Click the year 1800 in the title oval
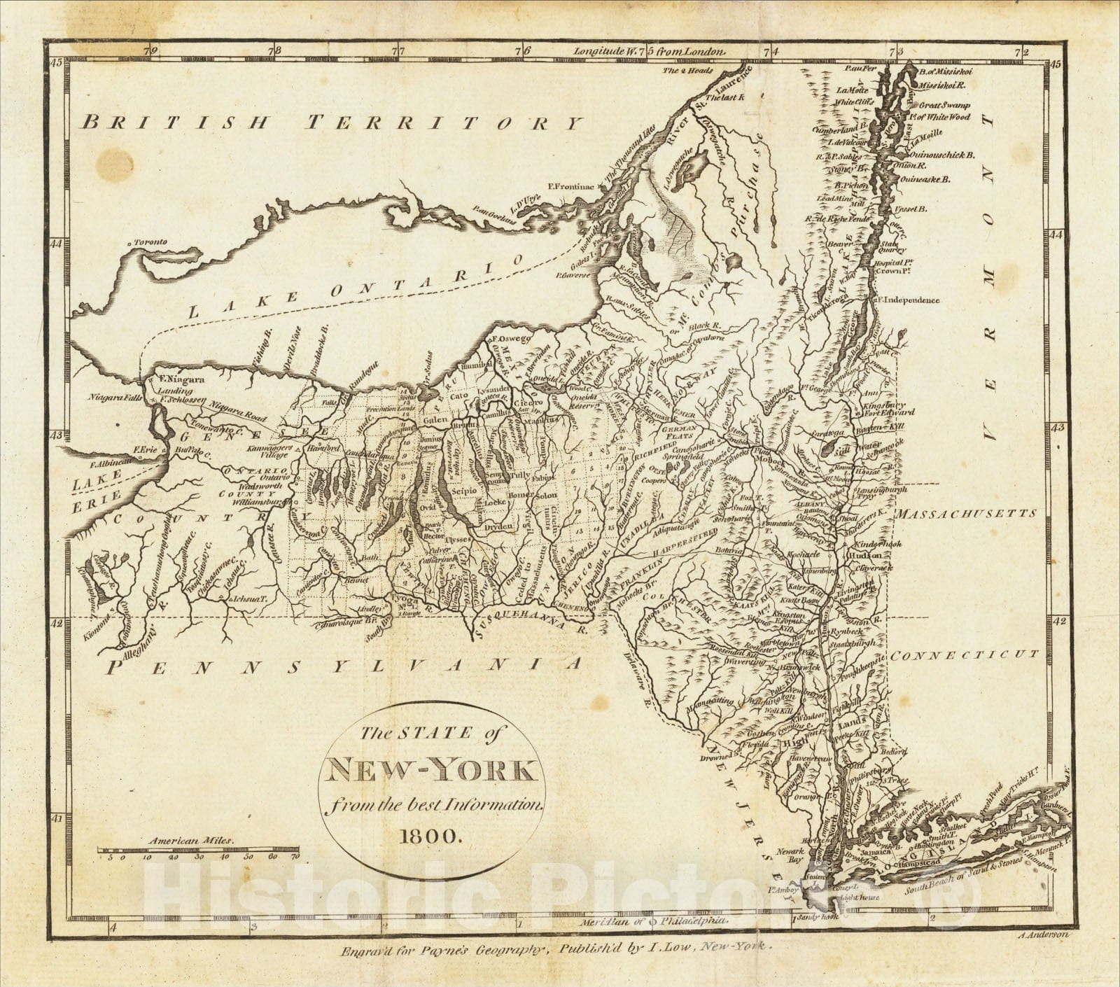tap(431, 835)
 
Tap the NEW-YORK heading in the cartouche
tap(430, 773)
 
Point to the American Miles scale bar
tap(198, 851)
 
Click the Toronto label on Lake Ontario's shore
tap(148, 242)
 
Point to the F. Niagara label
tap(181, 379)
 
